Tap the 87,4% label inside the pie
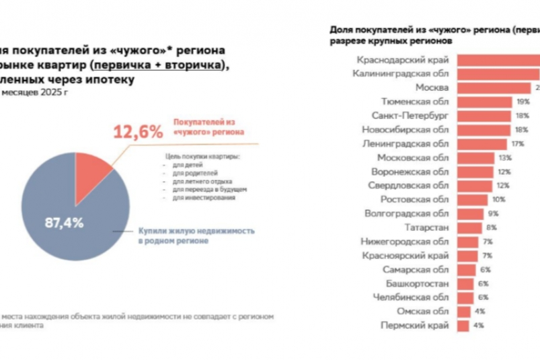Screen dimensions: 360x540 pos(65,222)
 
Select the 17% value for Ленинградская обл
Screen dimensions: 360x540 pos(517,143)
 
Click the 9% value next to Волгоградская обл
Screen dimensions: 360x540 pos(493,213)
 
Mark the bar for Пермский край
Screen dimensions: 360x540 pos(463,326)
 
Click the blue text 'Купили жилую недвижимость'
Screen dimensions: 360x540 pos(196,230)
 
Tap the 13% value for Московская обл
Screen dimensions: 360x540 pos(505,157)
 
